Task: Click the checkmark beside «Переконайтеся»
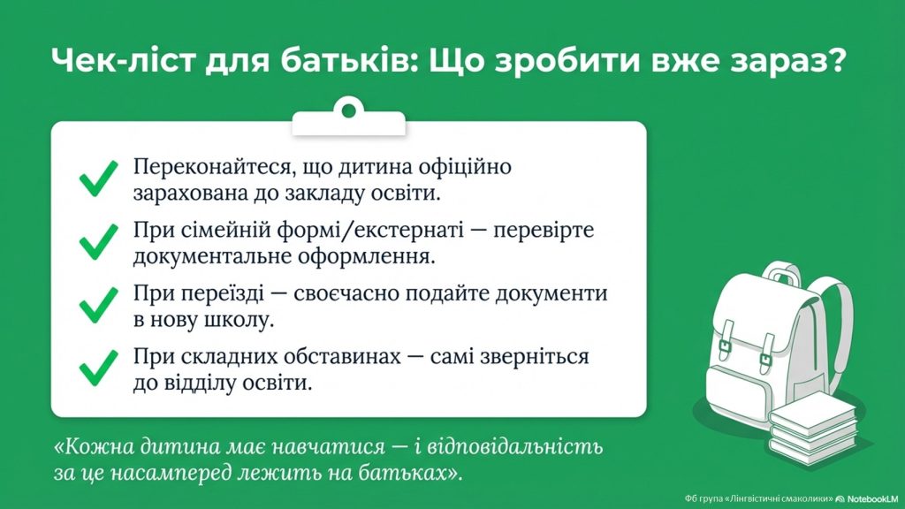[98, 179]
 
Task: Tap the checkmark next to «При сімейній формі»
[98, 242]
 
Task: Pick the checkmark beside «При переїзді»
[98, 305]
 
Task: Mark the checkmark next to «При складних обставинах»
[98, 368]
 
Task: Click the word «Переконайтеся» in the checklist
[209, 167]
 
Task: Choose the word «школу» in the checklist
[239, 320]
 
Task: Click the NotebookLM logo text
[872, 498]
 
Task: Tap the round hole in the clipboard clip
[348, 110]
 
